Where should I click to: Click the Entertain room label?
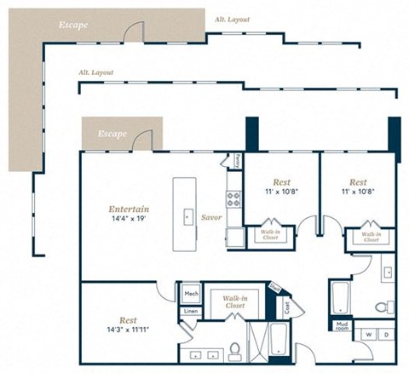pyautogui.click(x=130, y=209)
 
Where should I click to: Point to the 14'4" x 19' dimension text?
pyautogui.click(x=130, y=220)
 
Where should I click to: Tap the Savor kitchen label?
pyautogui.click(x=211, y=218)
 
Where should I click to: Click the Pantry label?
pyautogui.click(x=236, y=161)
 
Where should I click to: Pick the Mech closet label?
pyautogui.click(x=190, y=294)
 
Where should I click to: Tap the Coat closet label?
pyautogui.click(x=287, y=304)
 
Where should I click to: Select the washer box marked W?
pyautogui.click(x=368, y=334)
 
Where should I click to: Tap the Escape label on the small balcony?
pyautogui.click(x=112, y=134)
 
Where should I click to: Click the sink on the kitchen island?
pyautogui.click(x=188, y=216)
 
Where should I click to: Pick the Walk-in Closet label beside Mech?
pyautogui.click(x=234, y=301)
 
